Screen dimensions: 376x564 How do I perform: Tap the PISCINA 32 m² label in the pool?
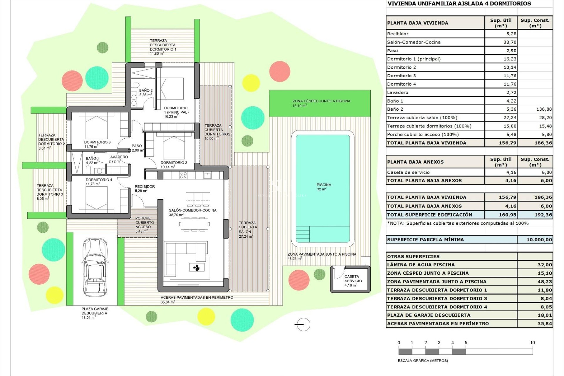[324, 187]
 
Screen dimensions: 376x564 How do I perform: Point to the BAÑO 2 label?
[146, 93]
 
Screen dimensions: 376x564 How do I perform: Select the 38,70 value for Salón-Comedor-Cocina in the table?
[510, 42]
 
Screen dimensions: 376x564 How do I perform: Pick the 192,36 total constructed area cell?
[543, 215]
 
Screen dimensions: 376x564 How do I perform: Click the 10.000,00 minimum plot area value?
[539, 240]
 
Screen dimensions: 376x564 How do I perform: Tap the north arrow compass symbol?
[303, 325]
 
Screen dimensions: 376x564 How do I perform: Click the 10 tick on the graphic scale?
[532, 343]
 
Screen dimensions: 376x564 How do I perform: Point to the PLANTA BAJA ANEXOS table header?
[415, 162]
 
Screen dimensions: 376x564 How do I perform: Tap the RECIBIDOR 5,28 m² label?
[145, 189]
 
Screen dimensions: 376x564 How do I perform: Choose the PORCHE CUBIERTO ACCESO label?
[143, 225]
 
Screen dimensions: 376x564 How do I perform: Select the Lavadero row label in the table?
[397, 93]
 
